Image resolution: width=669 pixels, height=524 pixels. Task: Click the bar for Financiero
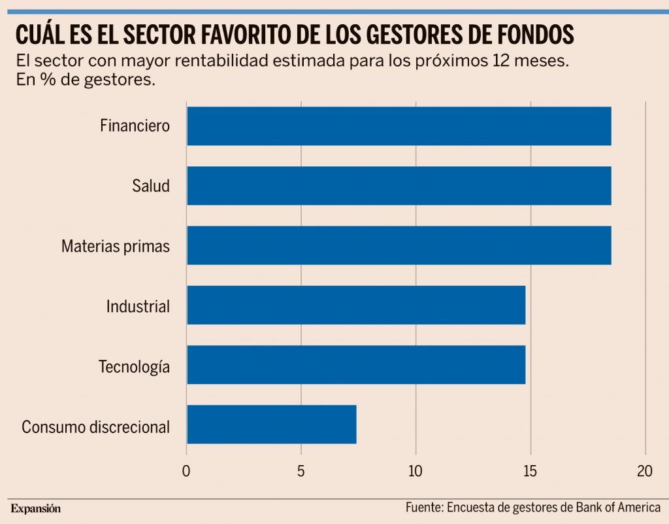[399, 126]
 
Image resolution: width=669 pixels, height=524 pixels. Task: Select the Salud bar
[399, 186]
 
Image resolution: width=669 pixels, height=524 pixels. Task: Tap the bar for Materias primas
[399, 245]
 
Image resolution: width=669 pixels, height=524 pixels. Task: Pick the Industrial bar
[356, 305]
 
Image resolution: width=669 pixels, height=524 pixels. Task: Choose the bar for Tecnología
[356, 364]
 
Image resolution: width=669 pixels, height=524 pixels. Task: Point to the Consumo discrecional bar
[271, 424]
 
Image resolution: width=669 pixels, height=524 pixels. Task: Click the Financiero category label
[135, 126]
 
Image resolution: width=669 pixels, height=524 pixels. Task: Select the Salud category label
[150, 186]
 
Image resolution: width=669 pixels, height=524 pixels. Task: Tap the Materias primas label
[116, 246]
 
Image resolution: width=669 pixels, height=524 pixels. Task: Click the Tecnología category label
[134, 366]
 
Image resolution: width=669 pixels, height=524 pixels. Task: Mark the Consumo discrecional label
[95, 427]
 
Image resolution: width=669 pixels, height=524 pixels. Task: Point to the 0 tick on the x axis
[187, 470]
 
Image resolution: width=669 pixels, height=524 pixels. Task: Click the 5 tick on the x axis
[301, 470]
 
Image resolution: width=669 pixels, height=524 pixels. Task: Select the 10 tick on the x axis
[416, 470]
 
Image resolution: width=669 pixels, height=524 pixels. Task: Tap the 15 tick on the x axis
[530, 470]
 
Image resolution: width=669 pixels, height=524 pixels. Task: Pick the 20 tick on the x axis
[645, 470]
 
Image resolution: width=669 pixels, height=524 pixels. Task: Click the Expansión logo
[35, 508]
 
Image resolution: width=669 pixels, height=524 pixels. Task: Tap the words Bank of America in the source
[618, 508]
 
